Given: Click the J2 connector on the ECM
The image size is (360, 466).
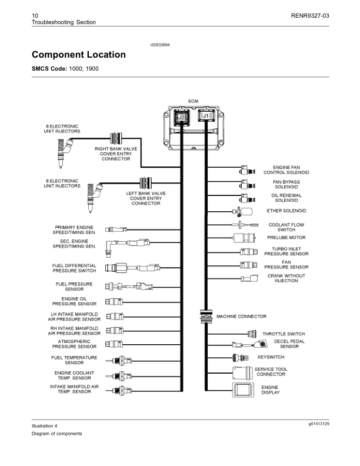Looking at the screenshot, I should click(x=182, y=118).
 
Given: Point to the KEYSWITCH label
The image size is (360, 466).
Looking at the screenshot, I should click(x=271, y=357).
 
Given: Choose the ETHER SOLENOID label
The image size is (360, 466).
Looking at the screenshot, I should click(x=286, y=210).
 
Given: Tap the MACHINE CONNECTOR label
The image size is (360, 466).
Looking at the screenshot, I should click(x=241, y=317).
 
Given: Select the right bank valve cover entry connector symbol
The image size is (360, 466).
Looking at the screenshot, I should click(x=116, y=139).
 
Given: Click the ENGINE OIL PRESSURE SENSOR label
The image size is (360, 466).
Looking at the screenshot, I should click(x=75, y=301).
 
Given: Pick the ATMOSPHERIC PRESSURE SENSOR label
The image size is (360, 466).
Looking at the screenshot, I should click(x=74, y=344).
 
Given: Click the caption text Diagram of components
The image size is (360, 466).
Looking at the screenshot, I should click(x=57, y=434).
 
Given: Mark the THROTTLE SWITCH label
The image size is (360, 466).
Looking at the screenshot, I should click(x=284, y=334).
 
